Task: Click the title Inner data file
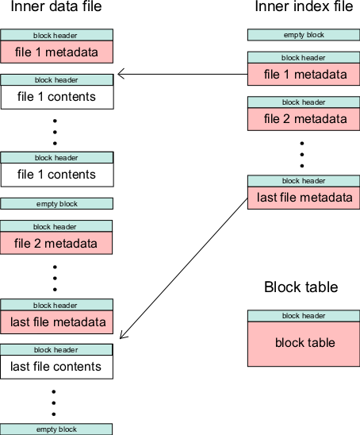(x=56, y=6)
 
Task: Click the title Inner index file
(x=304, y=6)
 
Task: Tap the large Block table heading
(x=301, y=287)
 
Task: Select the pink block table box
(x=304, y=344)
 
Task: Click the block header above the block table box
(x=304, y=316)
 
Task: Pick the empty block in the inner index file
(x=304, y=35)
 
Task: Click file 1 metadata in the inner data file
(x=56, y=52)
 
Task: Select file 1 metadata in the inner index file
(x=304, y=75)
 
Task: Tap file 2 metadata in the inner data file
(x=56, y=244)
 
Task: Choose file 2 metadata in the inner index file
(x=304, y=119)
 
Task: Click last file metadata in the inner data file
(x=56, y=322)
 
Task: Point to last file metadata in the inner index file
(x=304, y=198)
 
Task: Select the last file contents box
(x=56, y=367)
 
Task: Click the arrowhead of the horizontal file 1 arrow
(x=118, y=74)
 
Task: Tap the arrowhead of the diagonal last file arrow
(x=121, y=338)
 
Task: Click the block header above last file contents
(x=56, y=350)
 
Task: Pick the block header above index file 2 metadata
(x=304, y=102)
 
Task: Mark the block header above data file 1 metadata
(x=56, y=35)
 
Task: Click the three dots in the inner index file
(x=302, y=155)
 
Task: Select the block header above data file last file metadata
(x=56, y=305)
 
